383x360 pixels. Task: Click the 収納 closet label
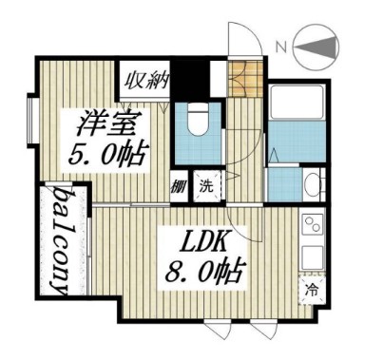coord(144,78)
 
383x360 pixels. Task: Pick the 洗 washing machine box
coord(205,186)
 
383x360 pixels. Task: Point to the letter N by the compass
coord(279,45)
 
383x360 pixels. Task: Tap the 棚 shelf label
coord(179,186)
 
